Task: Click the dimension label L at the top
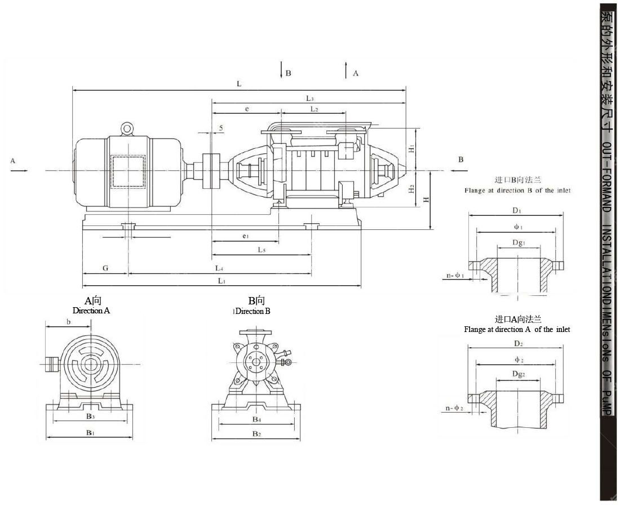click(x=239, y=84)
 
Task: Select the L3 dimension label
click(x=309, y=99)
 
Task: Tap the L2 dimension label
click(x=314, y=109)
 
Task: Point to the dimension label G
click(x=105, y=268)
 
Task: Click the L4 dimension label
click(x=219, y=268)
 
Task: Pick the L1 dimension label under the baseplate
click(x=222, y=281)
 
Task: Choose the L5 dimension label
click(x=262, y=250)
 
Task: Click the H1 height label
click(x=412, y=149)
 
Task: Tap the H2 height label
click(x=412, y=189)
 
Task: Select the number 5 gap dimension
click(x=221, y=129)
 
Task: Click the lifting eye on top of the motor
click(x=127, y=129)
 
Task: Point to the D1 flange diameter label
click(x=516, y=211)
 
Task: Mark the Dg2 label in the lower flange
click(x=519, y=374)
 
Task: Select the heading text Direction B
click(x=253, y=311)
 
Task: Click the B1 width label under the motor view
click(x=90, y=432)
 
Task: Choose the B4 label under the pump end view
click(x=256, y=420)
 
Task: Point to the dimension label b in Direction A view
click(x=68, y=322)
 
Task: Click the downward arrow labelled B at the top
click(x=281, y=70)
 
